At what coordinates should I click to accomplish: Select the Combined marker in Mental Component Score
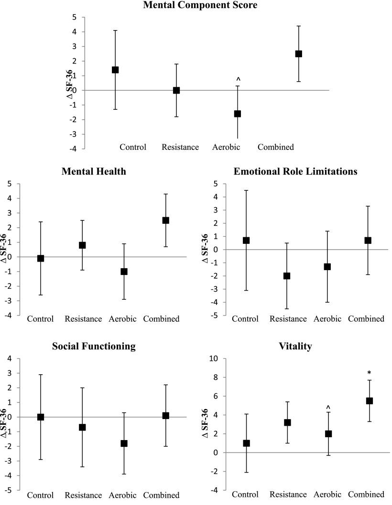point(298,54)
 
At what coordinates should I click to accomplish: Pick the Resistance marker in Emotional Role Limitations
point(287,276)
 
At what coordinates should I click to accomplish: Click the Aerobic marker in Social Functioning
point(124,443)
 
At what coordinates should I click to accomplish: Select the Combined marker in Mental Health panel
point(165,221)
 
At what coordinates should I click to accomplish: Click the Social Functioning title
point(93,346)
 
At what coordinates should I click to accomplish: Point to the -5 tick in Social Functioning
point(8,490)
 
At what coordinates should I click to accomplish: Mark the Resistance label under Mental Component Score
point(180,147)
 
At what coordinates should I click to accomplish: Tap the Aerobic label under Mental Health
point(124,319)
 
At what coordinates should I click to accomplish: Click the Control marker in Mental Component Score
point(115,70)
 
